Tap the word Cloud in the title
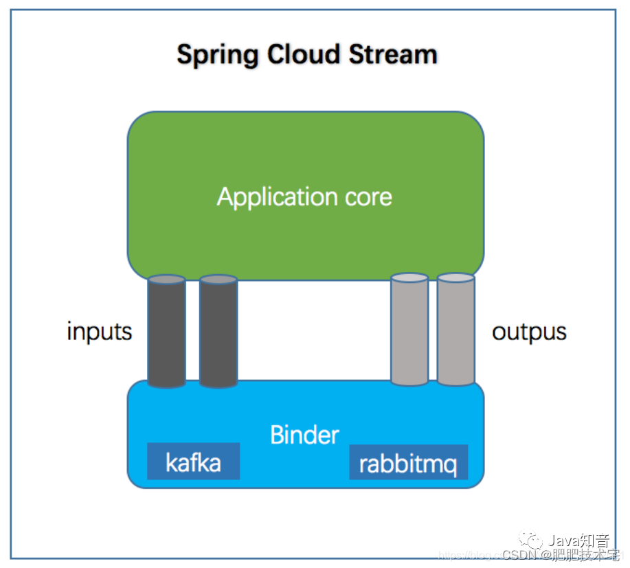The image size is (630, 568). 302,54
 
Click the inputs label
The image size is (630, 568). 99,332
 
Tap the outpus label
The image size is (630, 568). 529,332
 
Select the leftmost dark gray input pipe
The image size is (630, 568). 166,332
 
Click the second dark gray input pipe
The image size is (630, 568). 218,332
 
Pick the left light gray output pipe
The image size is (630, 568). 409,330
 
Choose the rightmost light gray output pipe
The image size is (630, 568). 456,330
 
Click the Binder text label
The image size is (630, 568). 304,435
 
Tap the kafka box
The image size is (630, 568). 193,462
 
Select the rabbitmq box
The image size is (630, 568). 408,463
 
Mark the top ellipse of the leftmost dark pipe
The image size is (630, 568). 166,280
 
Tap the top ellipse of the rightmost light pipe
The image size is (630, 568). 456,277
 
